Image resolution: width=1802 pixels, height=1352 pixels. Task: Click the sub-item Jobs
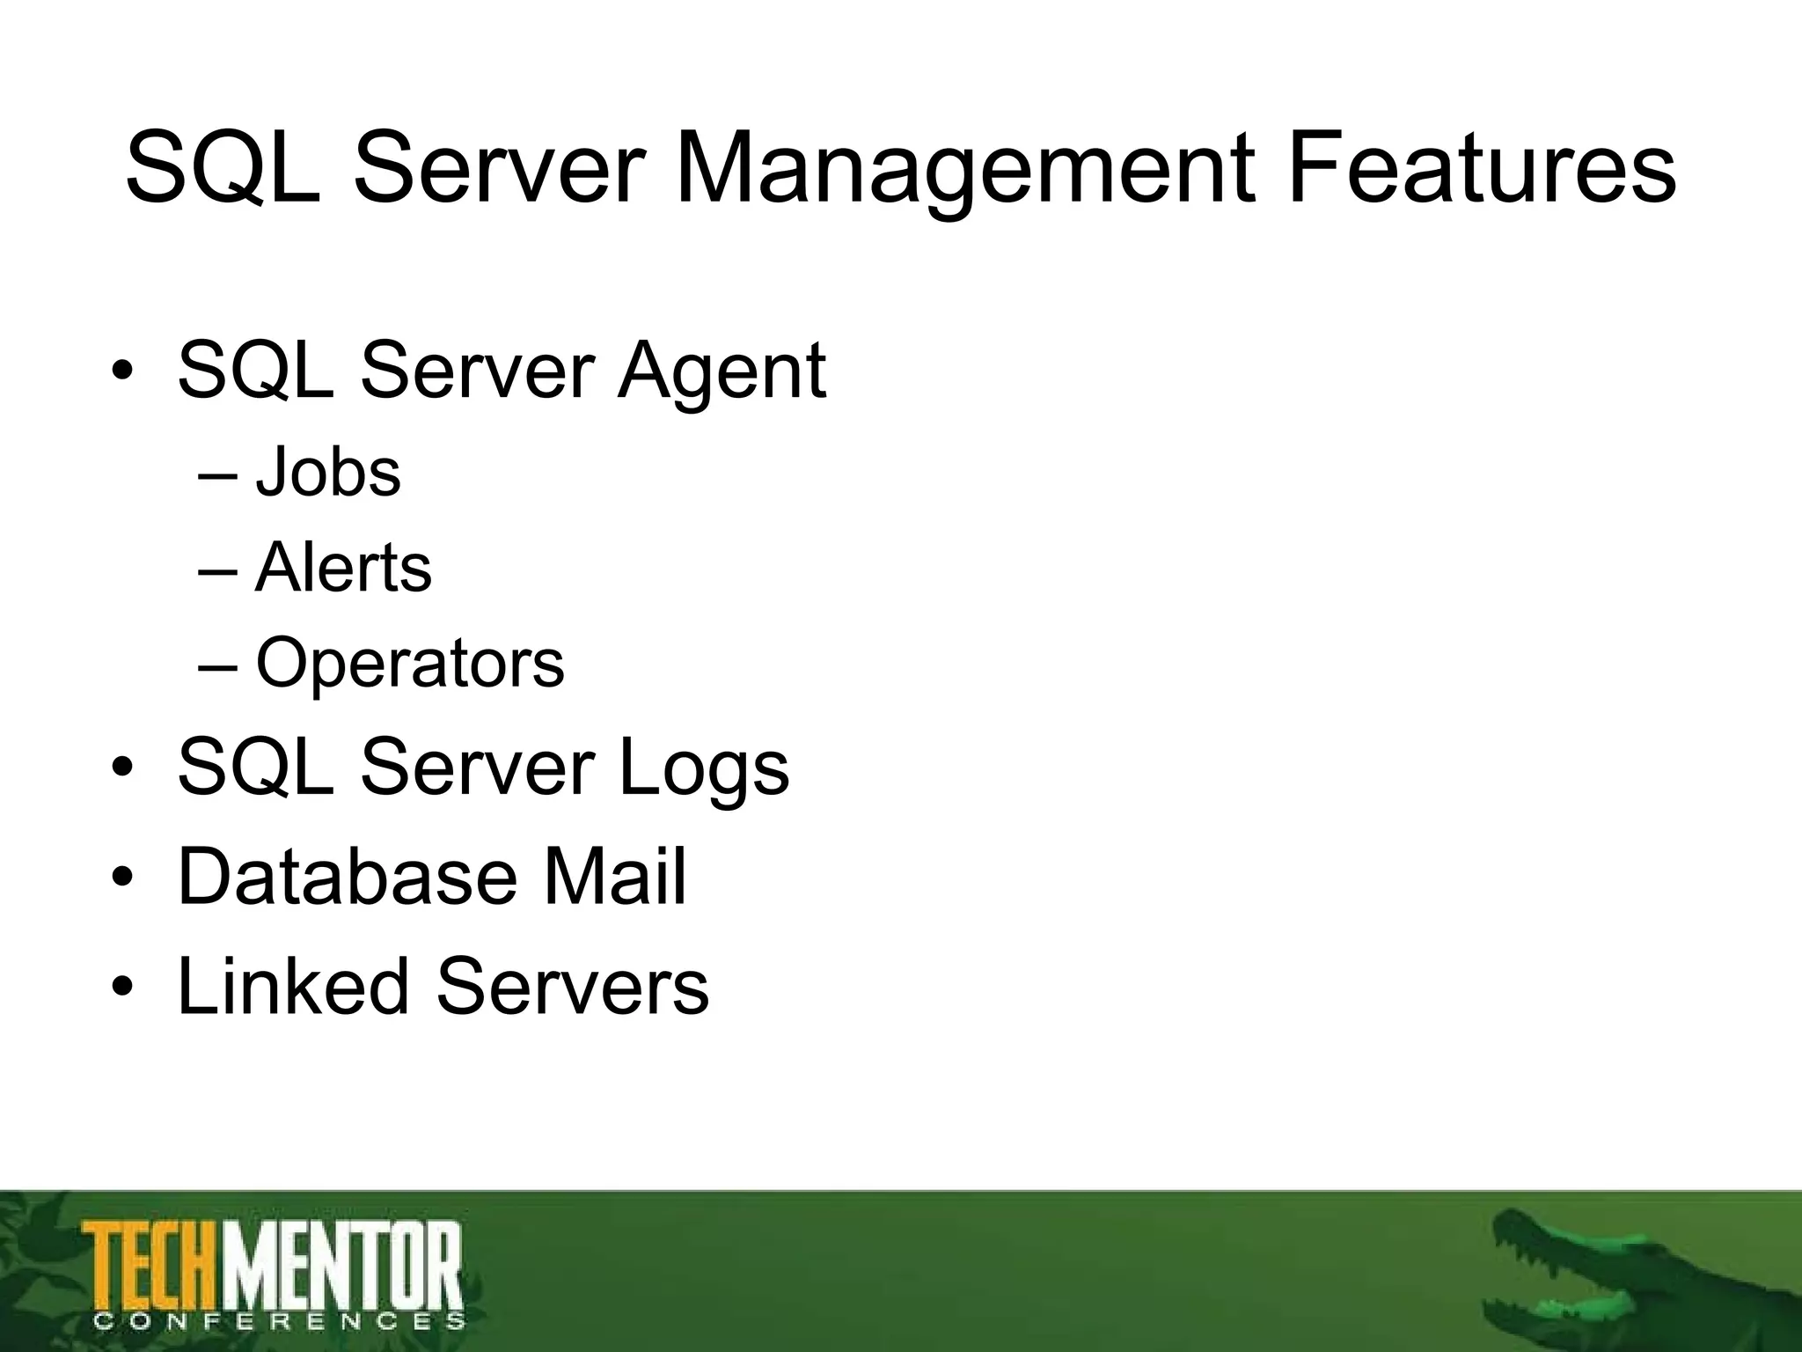pyautogui.click(x=327, y=473)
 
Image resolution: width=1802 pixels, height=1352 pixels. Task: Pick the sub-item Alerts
pyautogui.click(x=343, y=568)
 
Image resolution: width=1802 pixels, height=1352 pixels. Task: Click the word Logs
pyautogui.click(x=703, y=768)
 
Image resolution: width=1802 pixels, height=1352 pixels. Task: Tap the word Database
pyautogui.click(x=348, y=876)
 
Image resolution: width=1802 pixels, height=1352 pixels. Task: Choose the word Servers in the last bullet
pyautogui.click(x=572, y=985)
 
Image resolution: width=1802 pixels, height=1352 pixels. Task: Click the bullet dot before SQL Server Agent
pyautogui.click(x=122, y=372)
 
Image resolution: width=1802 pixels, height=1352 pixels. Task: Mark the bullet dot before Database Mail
pyautogui.click(x=122, y=878)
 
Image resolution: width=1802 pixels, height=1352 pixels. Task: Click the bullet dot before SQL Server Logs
pyautogui.click(x=122, y=769)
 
